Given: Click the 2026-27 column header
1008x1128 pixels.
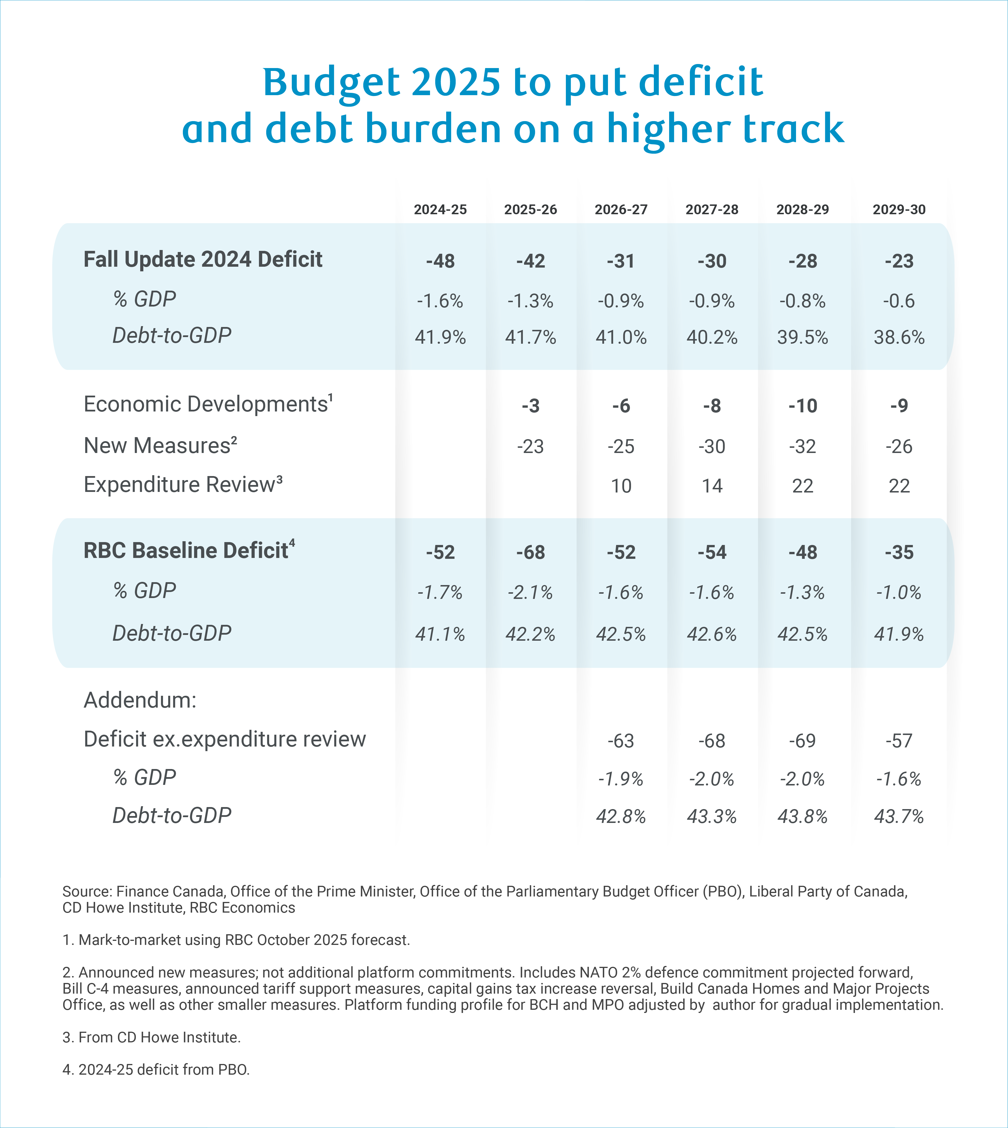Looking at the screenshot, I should point(621,209).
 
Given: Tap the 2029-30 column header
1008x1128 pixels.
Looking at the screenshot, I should point(899,209).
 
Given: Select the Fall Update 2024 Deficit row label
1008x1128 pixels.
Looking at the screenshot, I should point(203,259).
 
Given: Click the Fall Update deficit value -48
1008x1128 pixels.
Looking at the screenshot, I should point(440,261).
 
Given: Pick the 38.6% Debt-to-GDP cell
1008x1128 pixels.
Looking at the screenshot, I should point(899,337).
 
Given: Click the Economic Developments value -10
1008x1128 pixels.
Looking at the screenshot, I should point(803,406).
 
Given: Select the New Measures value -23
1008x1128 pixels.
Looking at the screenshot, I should point(531,446).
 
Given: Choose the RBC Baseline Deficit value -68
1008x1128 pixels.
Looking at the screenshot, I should point(531,552).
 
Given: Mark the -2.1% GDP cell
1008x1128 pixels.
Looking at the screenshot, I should point(531,593).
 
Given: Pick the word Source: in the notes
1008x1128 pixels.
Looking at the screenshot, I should point(87,892).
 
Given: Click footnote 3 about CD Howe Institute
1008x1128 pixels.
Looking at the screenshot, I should point(151,1037).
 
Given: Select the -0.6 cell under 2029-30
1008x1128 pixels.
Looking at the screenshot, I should point(899,301).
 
